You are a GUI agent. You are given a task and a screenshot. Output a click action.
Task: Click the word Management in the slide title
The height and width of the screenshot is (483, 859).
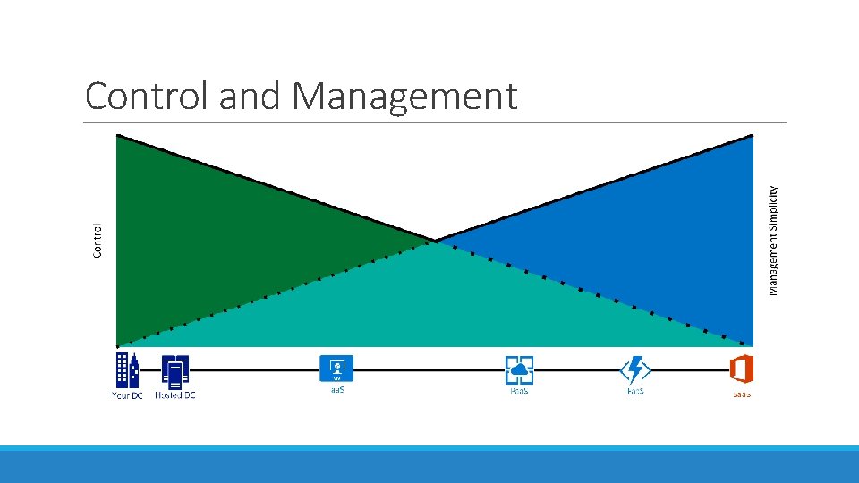point(404,97)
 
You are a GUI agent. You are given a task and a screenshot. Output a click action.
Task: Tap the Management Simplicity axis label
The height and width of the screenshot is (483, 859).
point(774,239)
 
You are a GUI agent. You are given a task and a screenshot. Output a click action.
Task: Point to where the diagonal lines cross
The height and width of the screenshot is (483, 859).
point(435,241)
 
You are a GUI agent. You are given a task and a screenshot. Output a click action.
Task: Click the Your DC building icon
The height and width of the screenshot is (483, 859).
point(127,370)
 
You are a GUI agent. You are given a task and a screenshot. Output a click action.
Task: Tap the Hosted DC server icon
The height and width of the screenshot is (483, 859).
point(174,370)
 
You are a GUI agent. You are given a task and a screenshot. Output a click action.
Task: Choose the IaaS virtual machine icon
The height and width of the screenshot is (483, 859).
point(336,368)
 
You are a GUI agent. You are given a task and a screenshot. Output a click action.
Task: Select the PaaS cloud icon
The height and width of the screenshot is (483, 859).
point(519,369)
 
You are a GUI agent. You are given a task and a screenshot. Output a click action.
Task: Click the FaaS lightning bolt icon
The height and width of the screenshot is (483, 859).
point(634,369)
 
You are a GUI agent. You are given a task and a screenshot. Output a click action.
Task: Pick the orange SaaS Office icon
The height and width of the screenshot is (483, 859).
point(741,369)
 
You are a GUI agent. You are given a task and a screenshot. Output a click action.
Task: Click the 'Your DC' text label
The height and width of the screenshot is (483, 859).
point(127,395)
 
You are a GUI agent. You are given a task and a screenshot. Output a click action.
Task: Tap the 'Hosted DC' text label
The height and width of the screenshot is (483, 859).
point(174,394)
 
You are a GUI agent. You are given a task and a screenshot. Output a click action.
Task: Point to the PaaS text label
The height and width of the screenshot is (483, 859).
point(519,391)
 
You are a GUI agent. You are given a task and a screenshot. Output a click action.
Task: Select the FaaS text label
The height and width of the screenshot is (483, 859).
point(634,391)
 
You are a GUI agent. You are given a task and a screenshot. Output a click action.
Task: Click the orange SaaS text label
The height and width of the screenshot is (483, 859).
point(741,394)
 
